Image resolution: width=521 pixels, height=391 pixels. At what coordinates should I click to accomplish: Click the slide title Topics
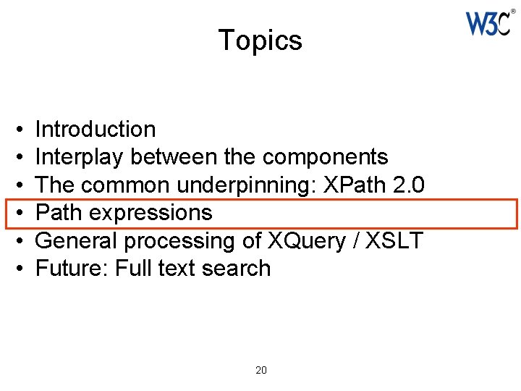coord(260,40)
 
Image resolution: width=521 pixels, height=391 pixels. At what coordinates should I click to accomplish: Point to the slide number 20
coord(261,370)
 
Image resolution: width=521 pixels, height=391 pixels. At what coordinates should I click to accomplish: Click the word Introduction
coord(96,130)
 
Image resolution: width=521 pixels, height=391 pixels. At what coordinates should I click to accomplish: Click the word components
coord(326,157)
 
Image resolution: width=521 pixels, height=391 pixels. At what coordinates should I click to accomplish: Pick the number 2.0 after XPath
coord(407,185)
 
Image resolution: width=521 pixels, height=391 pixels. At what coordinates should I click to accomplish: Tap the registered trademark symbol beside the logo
coord(513,12)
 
